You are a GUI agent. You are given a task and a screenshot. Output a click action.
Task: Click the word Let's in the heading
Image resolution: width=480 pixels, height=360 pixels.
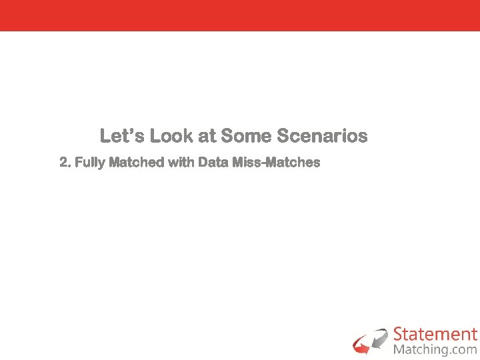click(x=122, y=136)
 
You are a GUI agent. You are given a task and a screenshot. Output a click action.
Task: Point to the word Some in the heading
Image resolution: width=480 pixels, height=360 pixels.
click(x=245, y=136)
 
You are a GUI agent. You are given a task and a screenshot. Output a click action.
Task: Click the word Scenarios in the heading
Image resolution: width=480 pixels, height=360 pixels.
click(x=321, y=136)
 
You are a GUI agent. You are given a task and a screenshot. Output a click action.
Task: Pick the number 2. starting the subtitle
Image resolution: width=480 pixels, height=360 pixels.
click(x=65, y=162)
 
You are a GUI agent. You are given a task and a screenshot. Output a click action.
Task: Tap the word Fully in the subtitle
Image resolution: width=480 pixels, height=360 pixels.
click(x=90, y=162)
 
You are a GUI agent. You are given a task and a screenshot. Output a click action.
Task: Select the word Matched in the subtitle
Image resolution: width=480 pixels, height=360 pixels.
click(x=137, y=162)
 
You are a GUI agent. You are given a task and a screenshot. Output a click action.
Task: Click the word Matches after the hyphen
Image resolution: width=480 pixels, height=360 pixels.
click(x=294, y=162)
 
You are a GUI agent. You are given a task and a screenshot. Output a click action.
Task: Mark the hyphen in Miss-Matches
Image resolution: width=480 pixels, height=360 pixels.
click(x=265, y=163)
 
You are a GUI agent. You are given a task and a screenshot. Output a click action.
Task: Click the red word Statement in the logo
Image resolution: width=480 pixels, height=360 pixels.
click(x=435, y=334)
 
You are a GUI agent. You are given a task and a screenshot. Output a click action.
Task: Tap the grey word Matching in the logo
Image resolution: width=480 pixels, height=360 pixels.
click(x=421, y=349)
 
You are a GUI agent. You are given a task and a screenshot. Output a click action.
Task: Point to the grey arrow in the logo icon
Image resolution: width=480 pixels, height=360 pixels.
click(x=379, y=337)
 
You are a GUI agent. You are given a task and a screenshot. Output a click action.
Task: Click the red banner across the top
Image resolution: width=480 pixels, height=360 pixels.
click(x=240, y=15)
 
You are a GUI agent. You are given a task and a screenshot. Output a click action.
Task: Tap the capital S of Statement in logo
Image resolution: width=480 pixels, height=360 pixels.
click(x=399, y=334)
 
